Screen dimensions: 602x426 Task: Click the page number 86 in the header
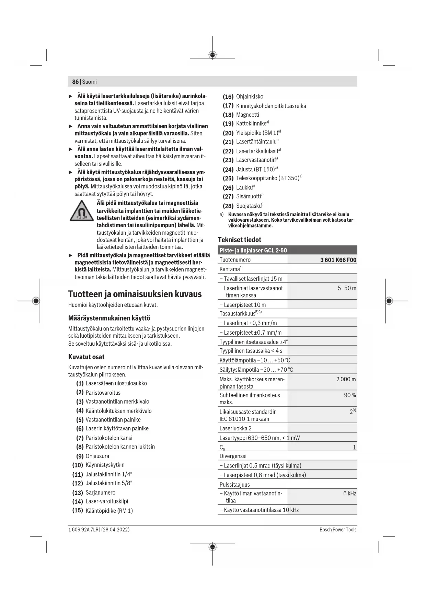[x=75, y=82]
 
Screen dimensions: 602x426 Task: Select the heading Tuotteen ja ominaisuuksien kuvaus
[x=135, y=294]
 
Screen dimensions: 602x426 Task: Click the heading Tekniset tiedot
[x=240, y=240]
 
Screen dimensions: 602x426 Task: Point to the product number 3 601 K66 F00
[x=338, y=260]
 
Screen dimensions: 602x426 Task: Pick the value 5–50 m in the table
[x=347, y=288]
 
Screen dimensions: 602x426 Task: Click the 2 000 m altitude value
[x=346, y=379]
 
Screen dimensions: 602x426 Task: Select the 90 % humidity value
[x=350, y=395]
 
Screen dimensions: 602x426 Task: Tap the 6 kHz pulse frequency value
[x=349, y=494]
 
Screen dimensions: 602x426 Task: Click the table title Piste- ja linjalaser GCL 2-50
[x=253, y=251]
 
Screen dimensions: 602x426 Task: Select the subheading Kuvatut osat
[x=86, y=357]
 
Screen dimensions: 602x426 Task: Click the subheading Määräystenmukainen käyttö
[x=109, y=318]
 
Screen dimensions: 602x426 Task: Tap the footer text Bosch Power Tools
[x=338, y=530]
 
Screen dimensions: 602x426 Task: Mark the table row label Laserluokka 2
[x=235, y=428]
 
